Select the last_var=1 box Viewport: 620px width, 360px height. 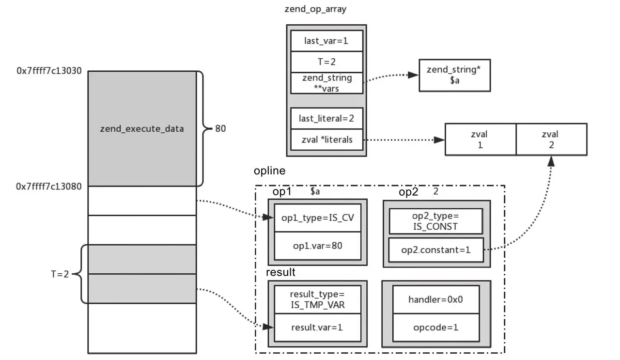pyautogui.click(x=326, y=41)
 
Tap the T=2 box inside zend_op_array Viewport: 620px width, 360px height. pyautogui.click(x=326, y=62)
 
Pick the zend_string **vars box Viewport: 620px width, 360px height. pyautogui.click(x=326, y=83)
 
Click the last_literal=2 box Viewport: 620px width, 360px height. pyautogui.click(x=326, y=118)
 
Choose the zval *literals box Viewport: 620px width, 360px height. pyautogui.click(x=326, y=140)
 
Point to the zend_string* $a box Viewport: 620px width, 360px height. pyautogui.click(x=454, y=75)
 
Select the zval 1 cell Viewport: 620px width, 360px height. pyautogui.click(x=480, y=140)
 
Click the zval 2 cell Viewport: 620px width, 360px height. pyautogui.click(x=551, y=140)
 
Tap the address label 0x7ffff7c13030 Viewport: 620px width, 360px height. pyautogui.click(x=49, y=71)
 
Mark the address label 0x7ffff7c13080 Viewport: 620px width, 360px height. pyautogui.click(x=49, y=186)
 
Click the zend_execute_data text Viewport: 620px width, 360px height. pyautogui.click(x=142, y=129)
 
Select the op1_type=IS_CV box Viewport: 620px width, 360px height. pyautogui.click(x=318, y=218)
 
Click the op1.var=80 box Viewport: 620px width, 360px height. pyautogui.click(x=318, y=246)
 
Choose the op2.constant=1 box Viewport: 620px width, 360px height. pyautogui.click(x=436, y=250)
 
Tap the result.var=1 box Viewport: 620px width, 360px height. pyautogui.click(x=317, y=327)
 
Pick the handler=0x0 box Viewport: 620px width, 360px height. pyautogui.click(x=436, y=299)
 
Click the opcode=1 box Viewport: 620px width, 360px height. pyautogui.click(x=436, y=327)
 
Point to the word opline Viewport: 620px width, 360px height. pyautogui.click(x=269, y=171)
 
